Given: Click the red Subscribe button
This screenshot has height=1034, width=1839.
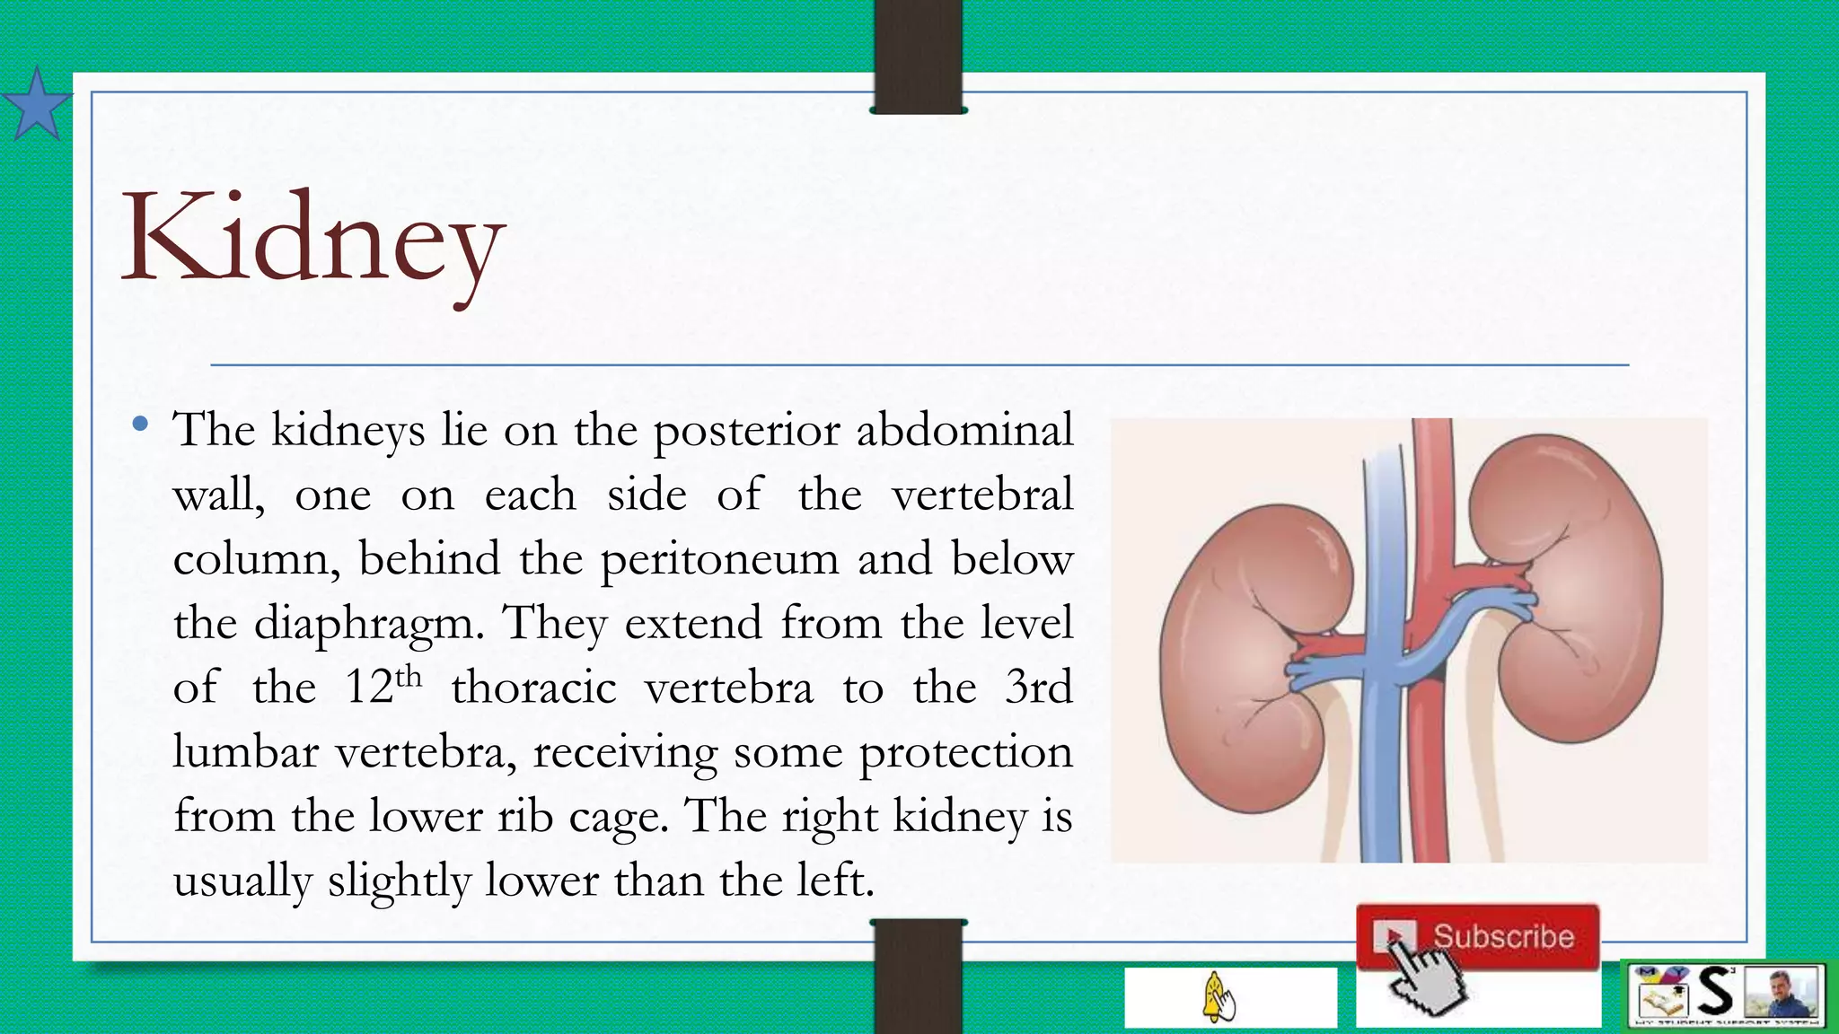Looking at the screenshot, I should (x=1478, y=936).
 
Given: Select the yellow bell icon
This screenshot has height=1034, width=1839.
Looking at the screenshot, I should (x=1218, y=996).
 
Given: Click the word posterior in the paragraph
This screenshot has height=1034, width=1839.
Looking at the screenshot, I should (x=747, y=431).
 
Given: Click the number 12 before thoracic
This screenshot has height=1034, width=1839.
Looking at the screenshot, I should (x=370, y=689).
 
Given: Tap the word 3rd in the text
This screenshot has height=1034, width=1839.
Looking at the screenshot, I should (x=1039, y=688).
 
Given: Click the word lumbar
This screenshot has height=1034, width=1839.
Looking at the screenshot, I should (x=245, y=752).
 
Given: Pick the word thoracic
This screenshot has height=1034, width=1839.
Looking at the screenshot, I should (x=533, y=688).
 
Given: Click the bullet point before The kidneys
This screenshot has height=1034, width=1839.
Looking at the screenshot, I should (x=139, y=425).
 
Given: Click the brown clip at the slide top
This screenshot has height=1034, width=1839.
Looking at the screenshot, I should (x=918, y=56).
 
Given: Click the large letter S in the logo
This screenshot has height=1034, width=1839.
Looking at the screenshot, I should (x=1715, y=993).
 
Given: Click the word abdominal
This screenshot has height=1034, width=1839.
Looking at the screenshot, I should (x=964, y=429).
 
